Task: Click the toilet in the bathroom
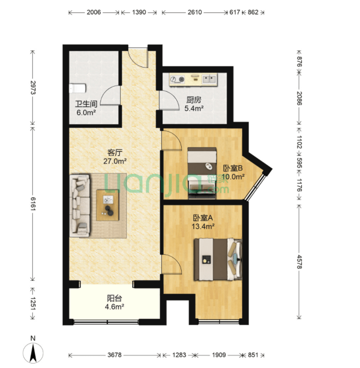[x=78, y=89]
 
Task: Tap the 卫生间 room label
[x=86, y=104]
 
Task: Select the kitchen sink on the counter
[x=209, y=79]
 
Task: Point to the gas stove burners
[x=177, y=79]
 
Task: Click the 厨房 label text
[x=194, y=100]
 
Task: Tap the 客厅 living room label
[x=115, y=152]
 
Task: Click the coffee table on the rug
[x=108, y=205]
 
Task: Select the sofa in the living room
[x=80, y=206]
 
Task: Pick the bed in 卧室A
[x=218, y=259]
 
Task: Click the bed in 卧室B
[x=202, y=173]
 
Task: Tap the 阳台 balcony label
[x=115, y=298]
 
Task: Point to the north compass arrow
[x=33, y=353]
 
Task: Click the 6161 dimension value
[x=33, y=204]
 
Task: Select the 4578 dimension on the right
[x=299, y=262]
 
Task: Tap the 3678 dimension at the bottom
[x=115, y=355]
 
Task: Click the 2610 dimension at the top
[x=194, y=12]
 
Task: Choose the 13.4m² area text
[x=203, y=227]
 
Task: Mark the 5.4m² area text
[x=194, y=108]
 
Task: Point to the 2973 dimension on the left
[x=33, y=87]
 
